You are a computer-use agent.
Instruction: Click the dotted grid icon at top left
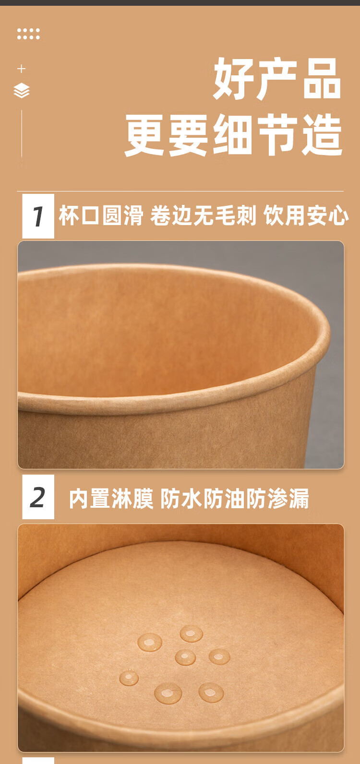(29, 34)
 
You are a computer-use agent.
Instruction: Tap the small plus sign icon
(21, 69)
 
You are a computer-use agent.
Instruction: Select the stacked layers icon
(22, 90)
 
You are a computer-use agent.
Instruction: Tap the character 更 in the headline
(144, 135)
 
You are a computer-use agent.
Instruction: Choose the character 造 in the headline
(322, 135)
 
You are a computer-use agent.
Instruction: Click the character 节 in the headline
(277, 135)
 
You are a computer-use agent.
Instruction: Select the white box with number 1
(38, 216)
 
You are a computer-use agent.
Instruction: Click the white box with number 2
(38, 497)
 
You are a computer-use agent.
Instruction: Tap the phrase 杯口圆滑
(101, 215)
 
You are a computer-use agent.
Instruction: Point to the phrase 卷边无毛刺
(203, 215)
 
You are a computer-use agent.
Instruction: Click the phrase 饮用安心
(306, 215)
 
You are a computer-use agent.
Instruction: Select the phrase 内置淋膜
(111, 499)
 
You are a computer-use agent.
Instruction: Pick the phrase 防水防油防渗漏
(235, 499)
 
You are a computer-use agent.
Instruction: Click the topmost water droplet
(191, 634)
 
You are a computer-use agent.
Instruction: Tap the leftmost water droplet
(129, 678)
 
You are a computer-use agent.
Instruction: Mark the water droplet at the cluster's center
(185, 657)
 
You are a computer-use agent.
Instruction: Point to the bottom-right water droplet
(211, 692)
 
